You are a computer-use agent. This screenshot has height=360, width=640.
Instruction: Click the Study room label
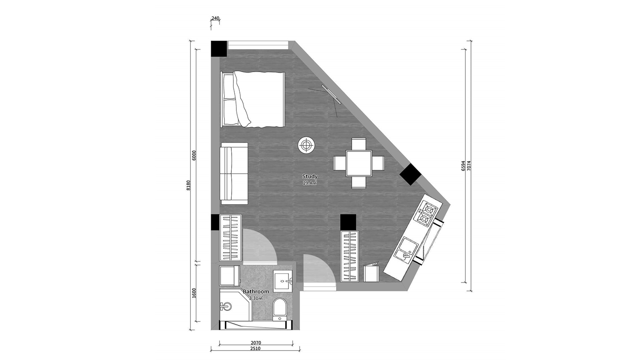(310, 176)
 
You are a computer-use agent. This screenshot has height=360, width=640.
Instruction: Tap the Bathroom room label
(256, 292)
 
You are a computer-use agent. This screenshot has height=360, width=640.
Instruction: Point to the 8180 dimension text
(188, 185)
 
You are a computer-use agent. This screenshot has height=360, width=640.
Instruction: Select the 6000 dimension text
(194, 155)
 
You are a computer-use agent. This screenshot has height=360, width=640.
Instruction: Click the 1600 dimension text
(194, 293)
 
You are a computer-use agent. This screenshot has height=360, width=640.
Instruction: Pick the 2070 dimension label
(256, 343)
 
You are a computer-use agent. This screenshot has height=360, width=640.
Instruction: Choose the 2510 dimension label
(255, 348)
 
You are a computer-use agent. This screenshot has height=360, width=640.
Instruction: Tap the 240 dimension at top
(215, 19)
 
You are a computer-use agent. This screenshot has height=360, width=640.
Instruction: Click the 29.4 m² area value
(310, 183)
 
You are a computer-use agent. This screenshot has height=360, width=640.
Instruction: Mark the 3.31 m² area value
(256, 298)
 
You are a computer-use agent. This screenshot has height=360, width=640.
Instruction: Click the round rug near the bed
(307, 145)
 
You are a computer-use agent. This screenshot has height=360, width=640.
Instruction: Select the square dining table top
(359, 163)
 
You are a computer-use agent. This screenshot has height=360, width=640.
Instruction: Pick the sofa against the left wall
(234, 174)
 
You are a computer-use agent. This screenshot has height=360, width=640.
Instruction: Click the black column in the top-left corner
(219, 49)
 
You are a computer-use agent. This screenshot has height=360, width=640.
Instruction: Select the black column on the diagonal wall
(410, 174)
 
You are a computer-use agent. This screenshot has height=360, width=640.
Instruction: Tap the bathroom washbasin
(283, 281)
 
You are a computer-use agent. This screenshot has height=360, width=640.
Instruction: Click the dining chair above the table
(359, 144)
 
